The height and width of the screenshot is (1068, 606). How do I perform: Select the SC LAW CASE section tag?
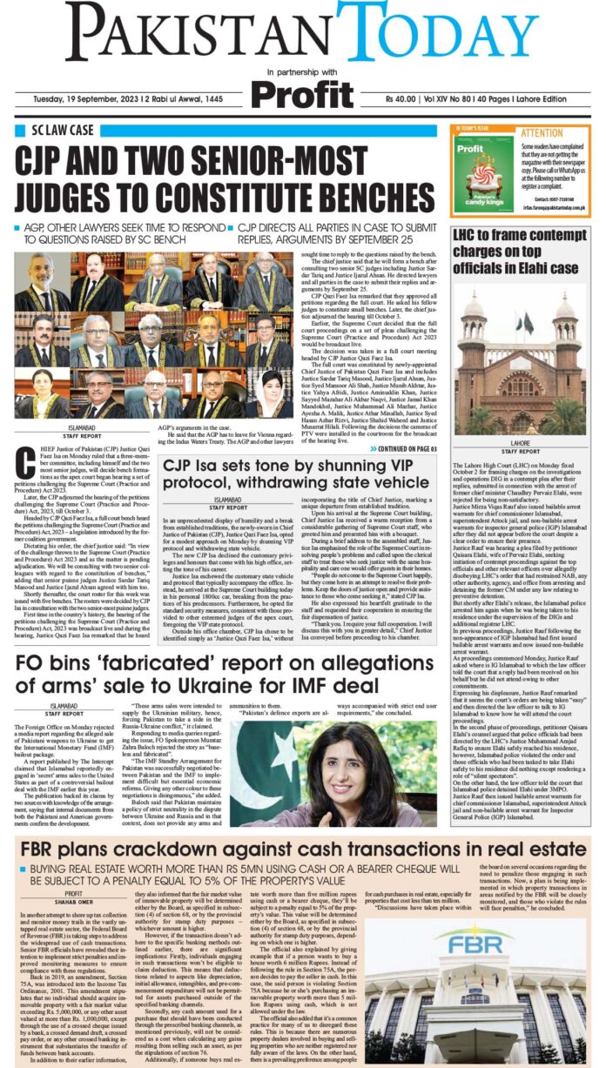[64, 132]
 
